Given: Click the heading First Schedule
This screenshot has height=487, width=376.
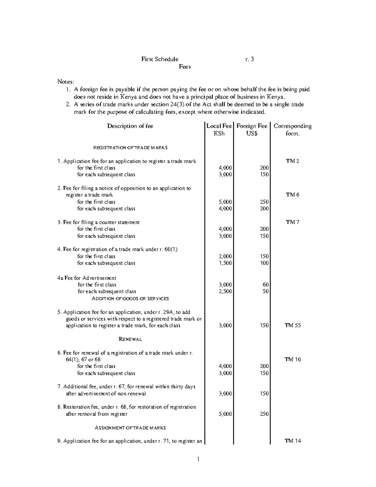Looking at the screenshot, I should (160, 59).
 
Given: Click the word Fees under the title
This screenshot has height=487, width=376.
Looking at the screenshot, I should (185, 66).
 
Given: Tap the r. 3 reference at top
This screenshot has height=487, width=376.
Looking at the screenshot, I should (250, 59).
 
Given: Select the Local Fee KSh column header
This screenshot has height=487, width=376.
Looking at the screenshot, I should (219, 130).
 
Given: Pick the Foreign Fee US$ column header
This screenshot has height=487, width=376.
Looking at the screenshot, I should (252, 130).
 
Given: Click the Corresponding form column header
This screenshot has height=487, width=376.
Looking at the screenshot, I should (293, 130).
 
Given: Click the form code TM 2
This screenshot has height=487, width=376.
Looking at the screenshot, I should (292, 161).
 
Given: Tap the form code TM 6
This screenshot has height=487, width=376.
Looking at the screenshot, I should (292, 195).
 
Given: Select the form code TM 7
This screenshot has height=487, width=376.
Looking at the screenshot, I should (292, 222).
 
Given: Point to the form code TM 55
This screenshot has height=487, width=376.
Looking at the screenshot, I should (293, 325).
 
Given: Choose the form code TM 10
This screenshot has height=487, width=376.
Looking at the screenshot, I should (293, 359).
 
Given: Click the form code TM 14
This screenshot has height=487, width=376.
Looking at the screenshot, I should (293, 441).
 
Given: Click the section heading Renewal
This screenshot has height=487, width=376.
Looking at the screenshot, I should (130, 339).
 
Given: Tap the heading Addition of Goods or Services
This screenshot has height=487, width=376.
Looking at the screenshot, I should (130, 299).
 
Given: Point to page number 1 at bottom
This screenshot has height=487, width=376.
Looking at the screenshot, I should (198, 460).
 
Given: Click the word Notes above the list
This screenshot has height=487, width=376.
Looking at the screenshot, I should (66, 82).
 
